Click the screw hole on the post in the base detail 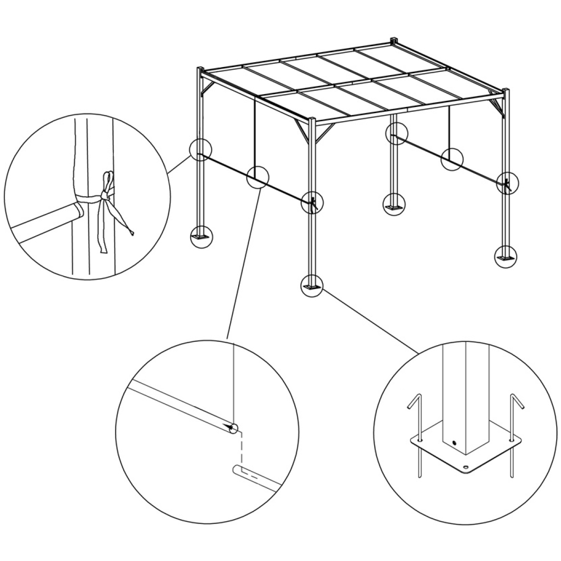(454, 443)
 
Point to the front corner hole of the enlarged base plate (466, 468)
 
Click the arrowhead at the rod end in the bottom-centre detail (232, 428)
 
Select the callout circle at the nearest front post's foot (312, 285)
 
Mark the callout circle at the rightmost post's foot (505, 257)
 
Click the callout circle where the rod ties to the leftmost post (200, 149)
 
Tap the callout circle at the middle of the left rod (258, 177)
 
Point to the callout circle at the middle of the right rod (452, 159)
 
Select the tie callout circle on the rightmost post (507, 183)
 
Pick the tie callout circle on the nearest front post (312, 202)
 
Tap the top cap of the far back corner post (394, 40)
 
